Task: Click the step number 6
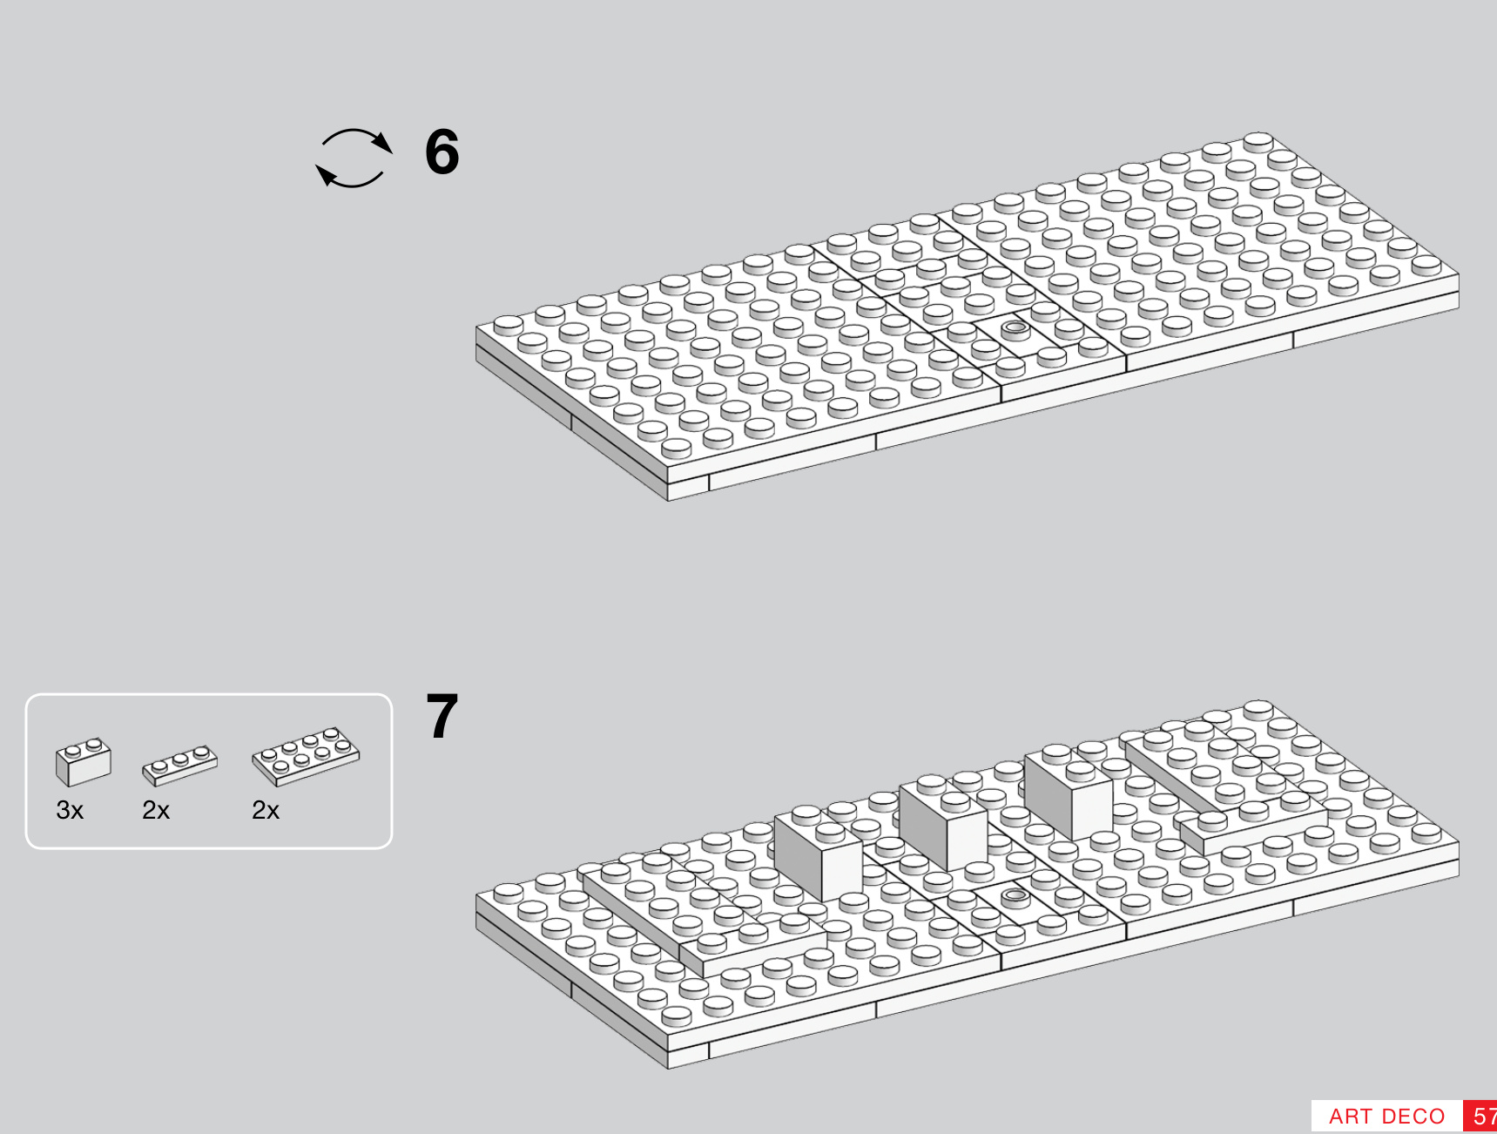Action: click(x=442, y=152)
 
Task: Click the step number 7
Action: click(x=442, y=717)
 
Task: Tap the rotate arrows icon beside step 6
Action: click(x=354, y=159)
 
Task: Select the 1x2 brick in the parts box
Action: click(x=83, y=761)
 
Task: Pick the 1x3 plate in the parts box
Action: click(x=179, y=764)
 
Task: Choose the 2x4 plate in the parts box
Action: click(x=306, y=755)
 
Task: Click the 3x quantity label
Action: click(x=70, y=811)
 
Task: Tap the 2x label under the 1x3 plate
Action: click(x=156, y=811)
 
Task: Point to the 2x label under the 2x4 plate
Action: click(x=266, y=811)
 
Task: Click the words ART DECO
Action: click(x=1386, y=1117)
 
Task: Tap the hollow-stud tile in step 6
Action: click(x=1015, y=330)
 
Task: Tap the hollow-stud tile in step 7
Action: click(x=1015, y=896)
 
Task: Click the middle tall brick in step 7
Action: click(x=943, y=824)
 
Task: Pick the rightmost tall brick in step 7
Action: click(x=1069, y=793)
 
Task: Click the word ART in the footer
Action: click(x=1350, y=1117)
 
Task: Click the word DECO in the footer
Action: click(x=1413, y=1117)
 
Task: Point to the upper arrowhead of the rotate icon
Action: click(x=382, y=143)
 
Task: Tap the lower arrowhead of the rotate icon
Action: click(x=326, y=175)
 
